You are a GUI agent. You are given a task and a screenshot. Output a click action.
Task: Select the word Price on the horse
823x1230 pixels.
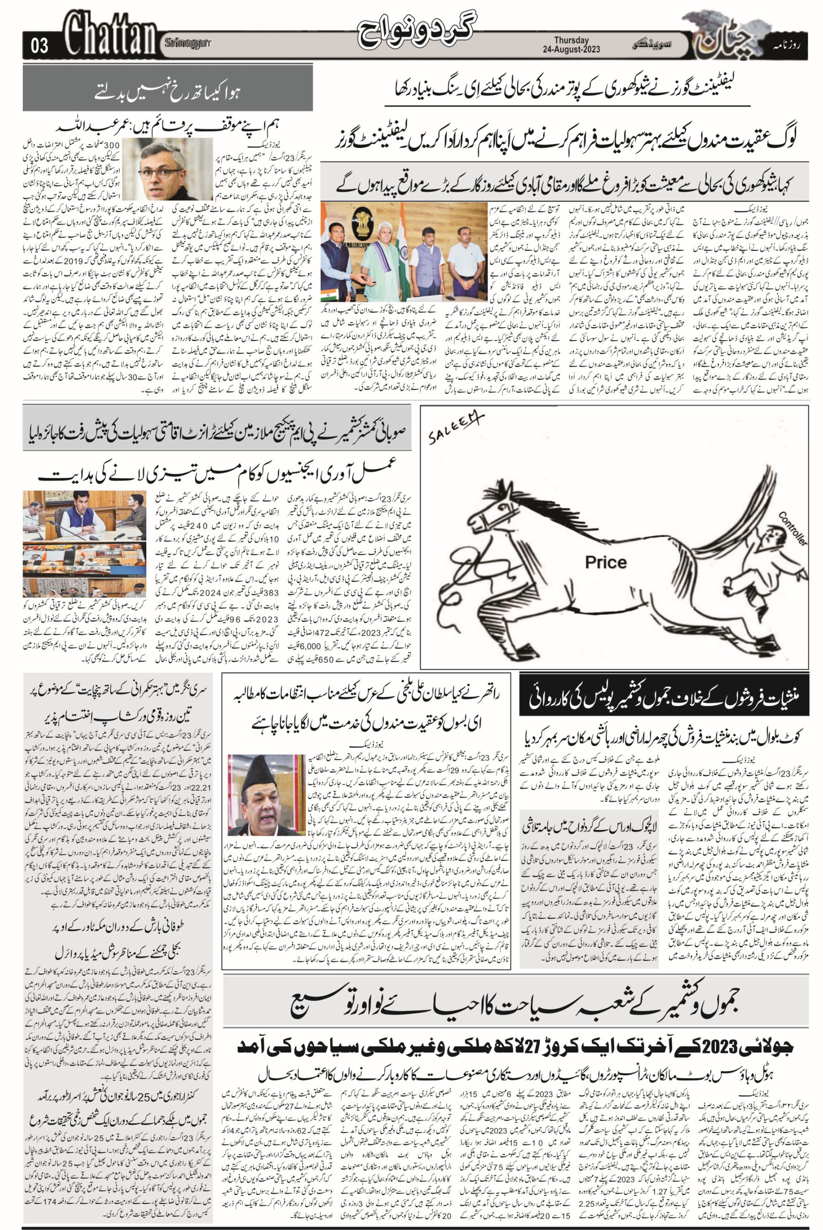[x=606, y=562]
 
